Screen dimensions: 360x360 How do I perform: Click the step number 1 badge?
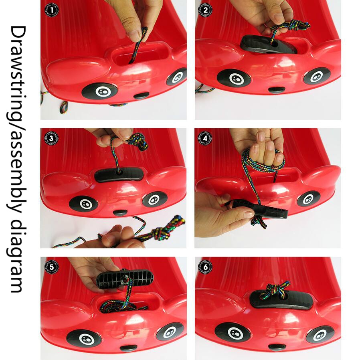point(51,10)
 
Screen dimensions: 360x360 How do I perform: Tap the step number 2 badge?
point(205,10)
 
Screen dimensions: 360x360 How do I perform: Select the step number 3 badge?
point(51,138)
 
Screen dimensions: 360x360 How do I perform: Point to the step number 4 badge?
point(205,138)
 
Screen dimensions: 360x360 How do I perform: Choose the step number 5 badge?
point(51,267)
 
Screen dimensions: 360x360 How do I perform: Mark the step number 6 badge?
point(205,267)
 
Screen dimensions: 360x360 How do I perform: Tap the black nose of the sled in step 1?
point(142,95)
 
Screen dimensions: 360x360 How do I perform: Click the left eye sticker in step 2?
point(234,78)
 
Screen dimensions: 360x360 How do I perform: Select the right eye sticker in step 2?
point(317,76)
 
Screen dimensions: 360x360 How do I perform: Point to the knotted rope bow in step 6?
point(275,289)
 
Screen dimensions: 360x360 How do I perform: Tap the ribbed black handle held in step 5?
point(125,279)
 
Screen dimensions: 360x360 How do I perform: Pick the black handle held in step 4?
point(258,208)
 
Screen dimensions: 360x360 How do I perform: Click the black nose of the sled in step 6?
point(277,347)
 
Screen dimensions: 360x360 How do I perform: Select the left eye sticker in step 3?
point(83,204)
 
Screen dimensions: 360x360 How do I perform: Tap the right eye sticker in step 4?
point(308,198)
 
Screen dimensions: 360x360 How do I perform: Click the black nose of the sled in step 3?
point(120,212)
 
